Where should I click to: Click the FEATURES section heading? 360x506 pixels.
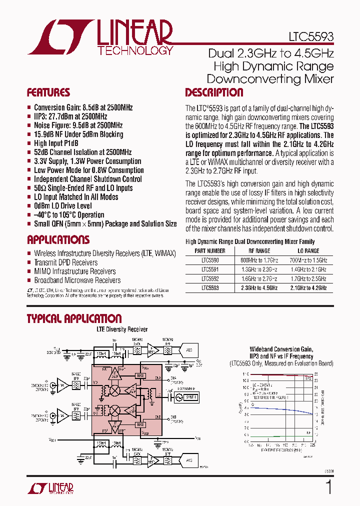(48, 92)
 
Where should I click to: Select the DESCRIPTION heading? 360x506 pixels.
(214, 92)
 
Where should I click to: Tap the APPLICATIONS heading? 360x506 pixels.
(58, 239)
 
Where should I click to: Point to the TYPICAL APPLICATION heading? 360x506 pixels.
(74, 318)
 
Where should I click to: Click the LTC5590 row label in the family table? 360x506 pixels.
(209, 260)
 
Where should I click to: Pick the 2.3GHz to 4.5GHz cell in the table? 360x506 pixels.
(259, 288)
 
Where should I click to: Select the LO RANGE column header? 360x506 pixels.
(308, 251)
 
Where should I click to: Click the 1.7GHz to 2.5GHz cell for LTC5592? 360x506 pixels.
(308, 279)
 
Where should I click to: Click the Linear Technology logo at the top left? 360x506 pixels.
(100, 37)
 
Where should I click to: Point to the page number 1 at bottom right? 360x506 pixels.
(328, 487)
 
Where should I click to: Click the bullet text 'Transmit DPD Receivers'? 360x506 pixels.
(65, 262)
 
